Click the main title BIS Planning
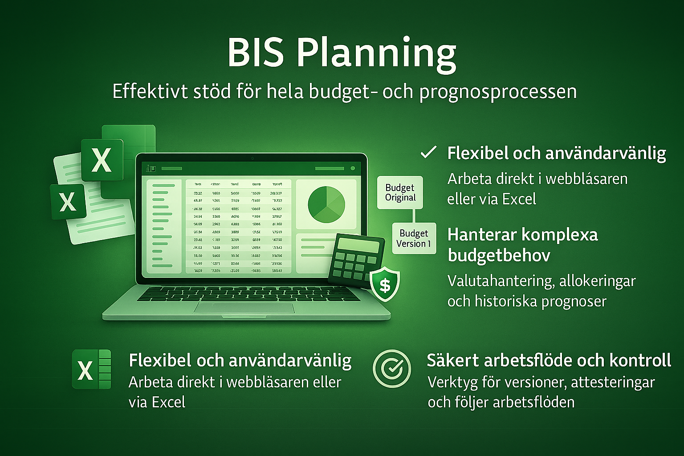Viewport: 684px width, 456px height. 342,53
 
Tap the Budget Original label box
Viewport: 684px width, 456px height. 400,192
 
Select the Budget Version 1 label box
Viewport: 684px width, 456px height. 414,238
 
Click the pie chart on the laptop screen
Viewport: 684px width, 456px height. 326,204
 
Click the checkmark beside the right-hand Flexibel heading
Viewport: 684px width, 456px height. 428,153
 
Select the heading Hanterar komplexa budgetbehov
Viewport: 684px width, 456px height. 522,244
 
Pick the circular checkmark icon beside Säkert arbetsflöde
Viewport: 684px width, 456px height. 392,368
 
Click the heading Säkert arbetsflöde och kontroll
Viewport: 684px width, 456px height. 549,360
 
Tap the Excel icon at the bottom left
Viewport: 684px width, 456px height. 91,369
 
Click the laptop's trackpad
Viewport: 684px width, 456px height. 244,308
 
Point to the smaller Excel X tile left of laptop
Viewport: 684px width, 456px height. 68,202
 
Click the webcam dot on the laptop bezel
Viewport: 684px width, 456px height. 252,158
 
